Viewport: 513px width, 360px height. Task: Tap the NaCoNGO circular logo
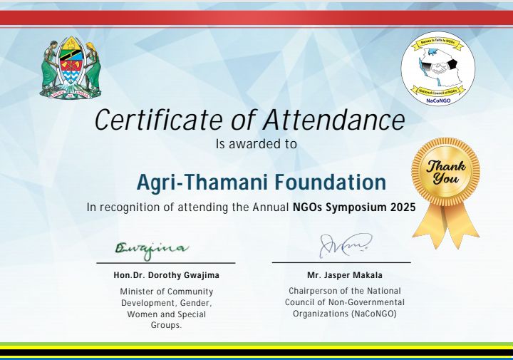pos(437,68)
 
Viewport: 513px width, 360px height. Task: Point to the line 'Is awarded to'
pos(256,144)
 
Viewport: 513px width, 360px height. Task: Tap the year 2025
pos(403,208)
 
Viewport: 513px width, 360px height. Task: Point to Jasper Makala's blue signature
pos(344,246)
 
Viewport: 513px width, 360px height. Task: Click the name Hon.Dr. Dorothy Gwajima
pos(166,275)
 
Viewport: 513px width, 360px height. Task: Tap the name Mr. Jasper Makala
pos(344,275)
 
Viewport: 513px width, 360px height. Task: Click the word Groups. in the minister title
pos(166,325)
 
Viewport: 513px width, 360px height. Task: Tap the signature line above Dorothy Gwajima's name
pos(166,263)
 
